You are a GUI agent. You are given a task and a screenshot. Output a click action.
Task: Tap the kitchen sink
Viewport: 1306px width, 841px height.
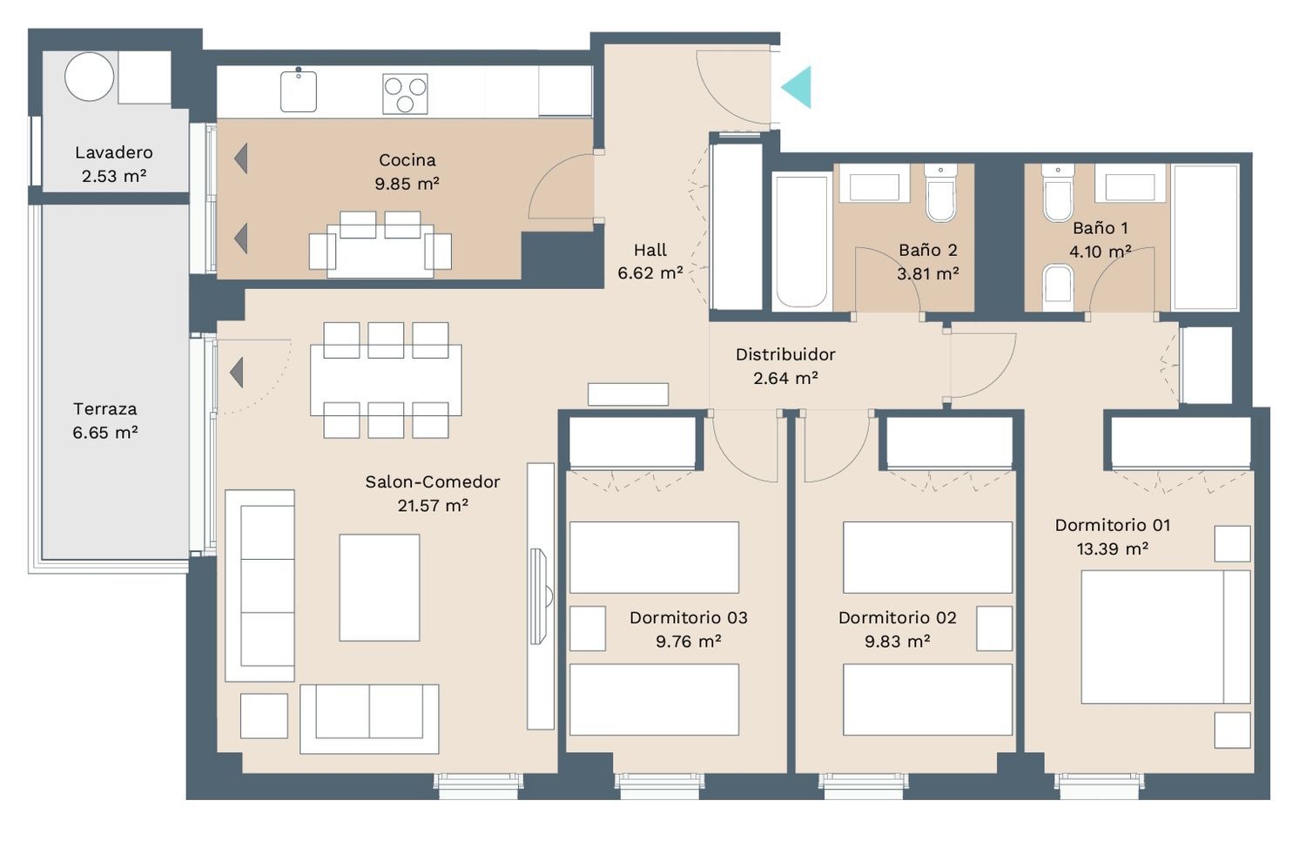299,91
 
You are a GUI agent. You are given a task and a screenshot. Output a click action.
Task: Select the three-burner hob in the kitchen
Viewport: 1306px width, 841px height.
405,94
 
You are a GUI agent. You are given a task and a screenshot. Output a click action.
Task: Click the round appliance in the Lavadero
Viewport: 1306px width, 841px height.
89,77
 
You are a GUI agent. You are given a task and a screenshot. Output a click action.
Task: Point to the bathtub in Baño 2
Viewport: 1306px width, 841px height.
802,241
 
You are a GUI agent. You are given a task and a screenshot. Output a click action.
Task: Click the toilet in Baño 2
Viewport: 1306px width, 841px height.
940,193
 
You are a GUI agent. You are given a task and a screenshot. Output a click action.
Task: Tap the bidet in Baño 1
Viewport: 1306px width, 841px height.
1058,289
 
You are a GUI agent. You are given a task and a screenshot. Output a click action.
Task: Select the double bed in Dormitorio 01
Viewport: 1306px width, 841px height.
1166,637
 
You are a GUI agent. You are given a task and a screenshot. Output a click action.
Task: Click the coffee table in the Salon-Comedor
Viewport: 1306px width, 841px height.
380,588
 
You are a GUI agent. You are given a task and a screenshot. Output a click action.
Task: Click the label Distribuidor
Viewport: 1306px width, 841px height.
785,354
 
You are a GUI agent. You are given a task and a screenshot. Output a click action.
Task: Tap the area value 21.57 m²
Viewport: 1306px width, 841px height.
433,505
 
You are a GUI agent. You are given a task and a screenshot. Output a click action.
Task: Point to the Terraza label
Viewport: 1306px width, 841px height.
105,409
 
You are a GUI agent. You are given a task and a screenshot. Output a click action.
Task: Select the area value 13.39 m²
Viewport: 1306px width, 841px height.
1113,549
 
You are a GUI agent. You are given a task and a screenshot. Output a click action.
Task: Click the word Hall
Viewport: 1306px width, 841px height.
650,250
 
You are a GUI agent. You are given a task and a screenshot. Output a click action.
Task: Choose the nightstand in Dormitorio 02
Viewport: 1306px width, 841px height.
994,629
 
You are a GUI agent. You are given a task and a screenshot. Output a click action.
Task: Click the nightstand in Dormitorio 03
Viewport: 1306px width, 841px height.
587,629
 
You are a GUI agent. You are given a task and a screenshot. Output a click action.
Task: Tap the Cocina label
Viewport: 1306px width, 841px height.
407,159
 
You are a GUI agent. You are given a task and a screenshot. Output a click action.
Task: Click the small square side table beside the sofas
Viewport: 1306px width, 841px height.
264,717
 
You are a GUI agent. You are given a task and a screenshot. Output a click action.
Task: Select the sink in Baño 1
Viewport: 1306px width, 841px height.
1130,184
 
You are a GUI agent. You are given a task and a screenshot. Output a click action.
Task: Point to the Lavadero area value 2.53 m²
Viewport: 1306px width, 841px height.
114,176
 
